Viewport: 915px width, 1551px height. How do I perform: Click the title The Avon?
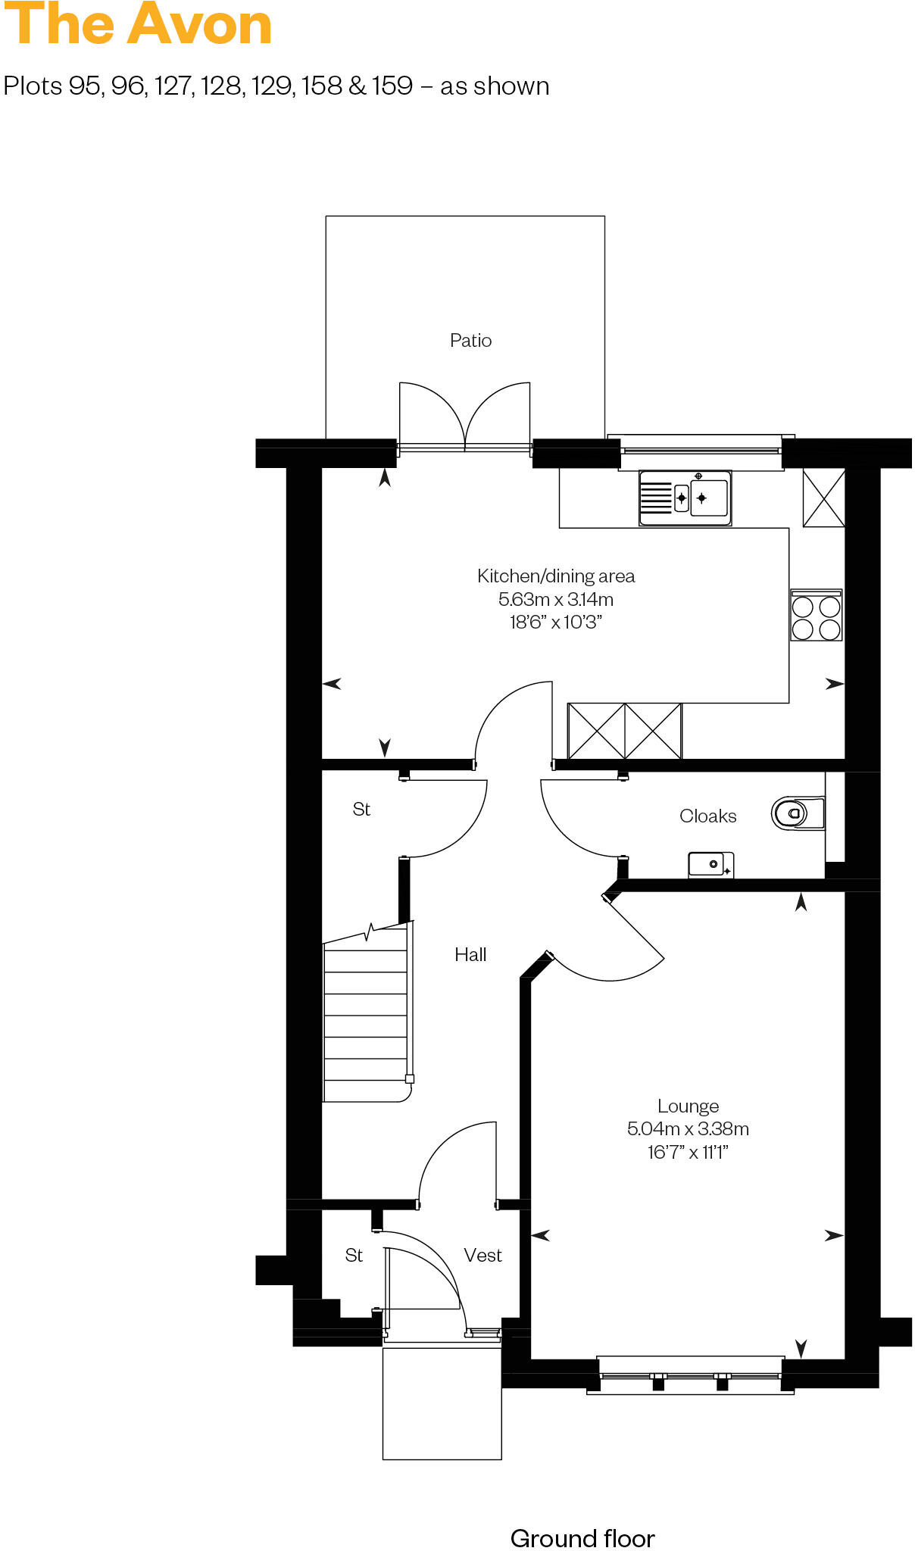(x=138, y=26)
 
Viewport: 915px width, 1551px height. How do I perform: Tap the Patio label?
(x=470, y=341)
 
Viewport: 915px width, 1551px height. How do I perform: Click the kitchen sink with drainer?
(x=685, y=498)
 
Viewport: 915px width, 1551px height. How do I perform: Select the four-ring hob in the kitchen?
(x=816, y=617)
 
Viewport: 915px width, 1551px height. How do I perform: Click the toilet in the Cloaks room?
(x=795, y=814)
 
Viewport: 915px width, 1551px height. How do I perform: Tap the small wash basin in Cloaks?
(x=710, y=864)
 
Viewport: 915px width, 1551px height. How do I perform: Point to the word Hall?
(x=470, y=955)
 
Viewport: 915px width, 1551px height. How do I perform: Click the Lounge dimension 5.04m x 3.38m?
(x=688, y=1129)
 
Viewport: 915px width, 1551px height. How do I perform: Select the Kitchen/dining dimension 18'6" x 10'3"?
(x=555, y=623)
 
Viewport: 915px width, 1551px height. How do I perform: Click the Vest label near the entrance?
(x=482, y=1256)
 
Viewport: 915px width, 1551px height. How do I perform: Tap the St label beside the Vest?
(x=354, y=1256)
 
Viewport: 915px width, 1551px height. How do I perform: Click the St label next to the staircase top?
(x=361, y=810)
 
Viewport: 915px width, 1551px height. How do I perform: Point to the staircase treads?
(x=366, y=1015)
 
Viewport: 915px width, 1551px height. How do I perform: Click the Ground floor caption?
(x=582, y=1538)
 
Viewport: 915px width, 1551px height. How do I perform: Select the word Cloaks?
(x=707, y=816)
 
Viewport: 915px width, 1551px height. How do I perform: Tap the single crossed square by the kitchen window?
(x=823, y=498)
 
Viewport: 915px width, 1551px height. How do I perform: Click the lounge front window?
(x=689, y=1375)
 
